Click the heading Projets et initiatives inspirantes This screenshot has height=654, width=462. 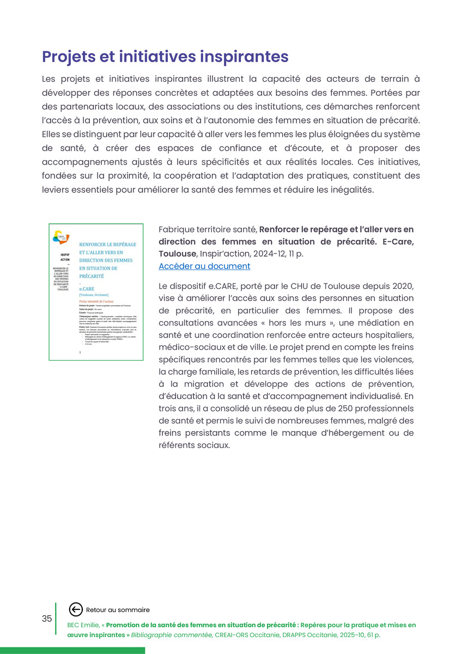pos(165,57)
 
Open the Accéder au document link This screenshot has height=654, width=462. pos(204,266)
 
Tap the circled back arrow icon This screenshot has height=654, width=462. pos(76,610)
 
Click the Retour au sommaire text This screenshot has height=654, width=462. pos(118,610)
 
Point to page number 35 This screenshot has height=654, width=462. pos(47,619)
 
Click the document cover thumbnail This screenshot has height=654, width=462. pos(96,292)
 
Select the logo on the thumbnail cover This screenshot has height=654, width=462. pos(61,237)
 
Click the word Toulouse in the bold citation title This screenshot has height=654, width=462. pos(177,253)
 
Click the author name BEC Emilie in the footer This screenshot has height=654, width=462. pos(82,625)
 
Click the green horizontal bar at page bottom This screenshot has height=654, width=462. pos(72,650)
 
